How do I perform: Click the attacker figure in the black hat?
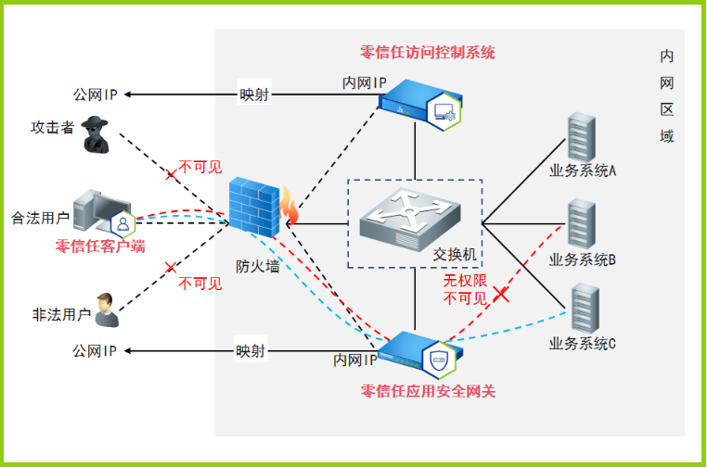click(96, 134)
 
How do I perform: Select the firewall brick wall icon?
click(254, 208)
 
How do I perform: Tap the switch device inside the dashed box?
click(410, 219)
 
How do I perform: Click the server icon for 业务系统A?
click(581, 137)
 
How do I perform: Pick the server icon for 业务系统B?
click(581, 224)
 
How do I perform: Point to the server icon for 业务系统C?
click(585, 309)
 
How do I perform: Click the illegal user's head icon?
click(107, 309)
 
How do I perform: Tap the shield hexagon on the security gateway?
click(439, 360)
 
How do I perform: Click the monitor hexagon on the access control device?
click(444, 112)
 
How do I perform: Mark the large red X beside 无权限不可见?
click(500, 295)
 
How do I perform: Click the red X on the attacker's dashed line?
click(171, 174)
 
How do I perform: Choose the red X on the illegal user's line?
click(171, 268)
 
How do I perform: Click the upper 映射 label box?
click(254, 95)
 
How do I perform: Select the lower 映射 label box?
click(251, 351)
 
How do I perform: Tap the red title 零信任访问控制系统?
click(428, 52)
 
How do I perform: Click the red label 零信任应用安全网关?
click(428, 391)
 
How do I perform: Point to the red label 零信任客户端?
click(100, 246)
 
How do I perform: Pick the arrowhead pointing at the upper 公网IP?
click(128, 95)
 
